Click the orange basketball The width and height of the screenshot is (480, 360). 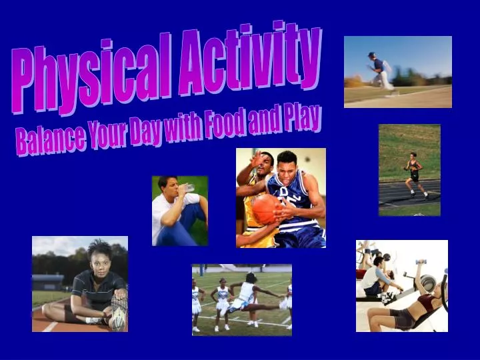tap(266, 208)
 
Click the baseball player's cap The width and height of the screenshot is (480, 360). tap(372, 55)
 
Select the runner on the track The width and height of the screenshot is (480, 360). tap(414, 175)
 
